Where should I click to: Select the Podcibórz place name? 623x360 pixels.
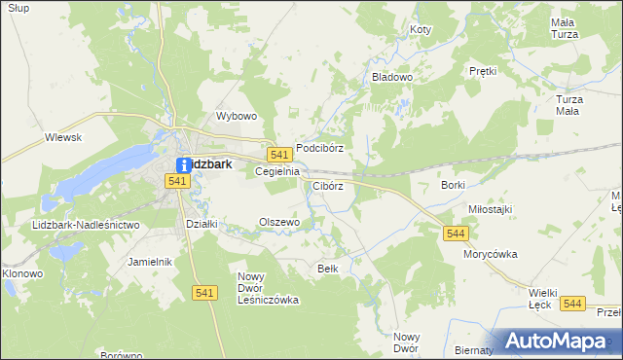(320, 148)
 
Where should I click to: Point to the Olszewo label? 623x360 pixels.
(278, 222)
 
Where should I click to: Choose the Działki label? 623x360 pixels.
(201, 223)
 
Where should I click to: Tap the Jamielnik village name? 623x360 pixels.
(150, 262)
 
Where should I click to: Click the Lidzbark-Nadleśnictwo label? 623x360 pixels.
(87, 225)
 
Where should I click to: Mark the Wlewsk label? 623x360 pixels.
(62, 138)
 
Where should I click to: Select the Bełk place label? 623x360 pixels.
(327, 268)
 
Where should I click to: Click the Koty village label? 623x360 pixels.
(421, 30)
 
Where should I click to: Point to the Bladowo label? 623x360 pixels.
(392, 76)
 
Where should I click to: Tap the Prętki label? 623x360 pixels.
(483, 71)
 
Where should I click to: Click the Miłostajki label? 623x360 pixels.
(490, 209)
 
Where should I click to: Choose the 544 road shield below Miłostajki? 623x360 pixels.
(456, 234)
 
